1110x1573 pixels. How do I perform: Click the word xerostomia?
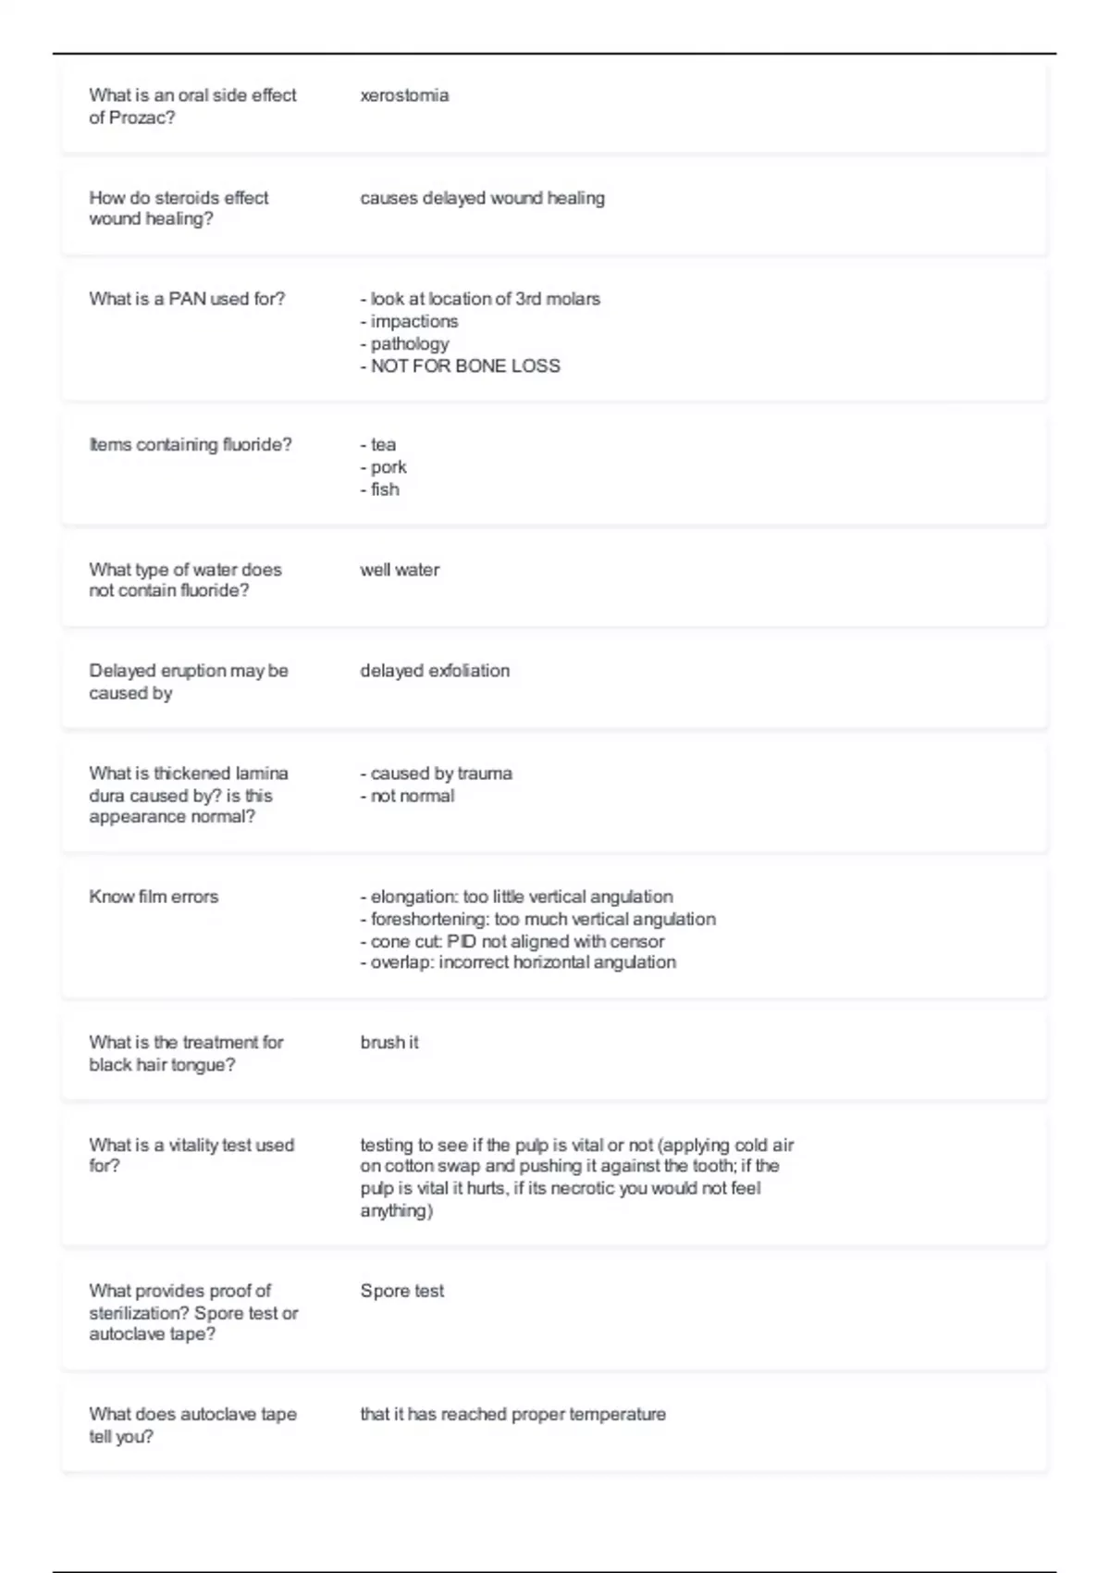coord(404,95)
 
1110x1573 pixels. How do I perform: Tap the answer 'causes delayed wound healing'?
coord(482,198)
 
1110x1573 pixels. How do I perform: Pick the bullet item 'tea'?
coord(382,445)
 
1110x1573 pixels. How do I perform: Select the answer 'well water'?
coord(400,570)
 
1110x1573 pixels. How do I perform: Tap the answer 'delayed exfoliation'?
coord(435,671)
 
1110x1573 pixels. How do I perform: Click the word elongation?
coord(411,897)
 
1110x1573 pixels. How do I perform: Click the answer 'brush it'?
coord(389,1043)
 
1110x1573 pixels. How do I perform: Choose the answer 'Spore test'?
coord(402,1291)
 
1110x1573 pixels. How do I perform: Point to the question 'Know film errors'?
coord(154,897)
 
